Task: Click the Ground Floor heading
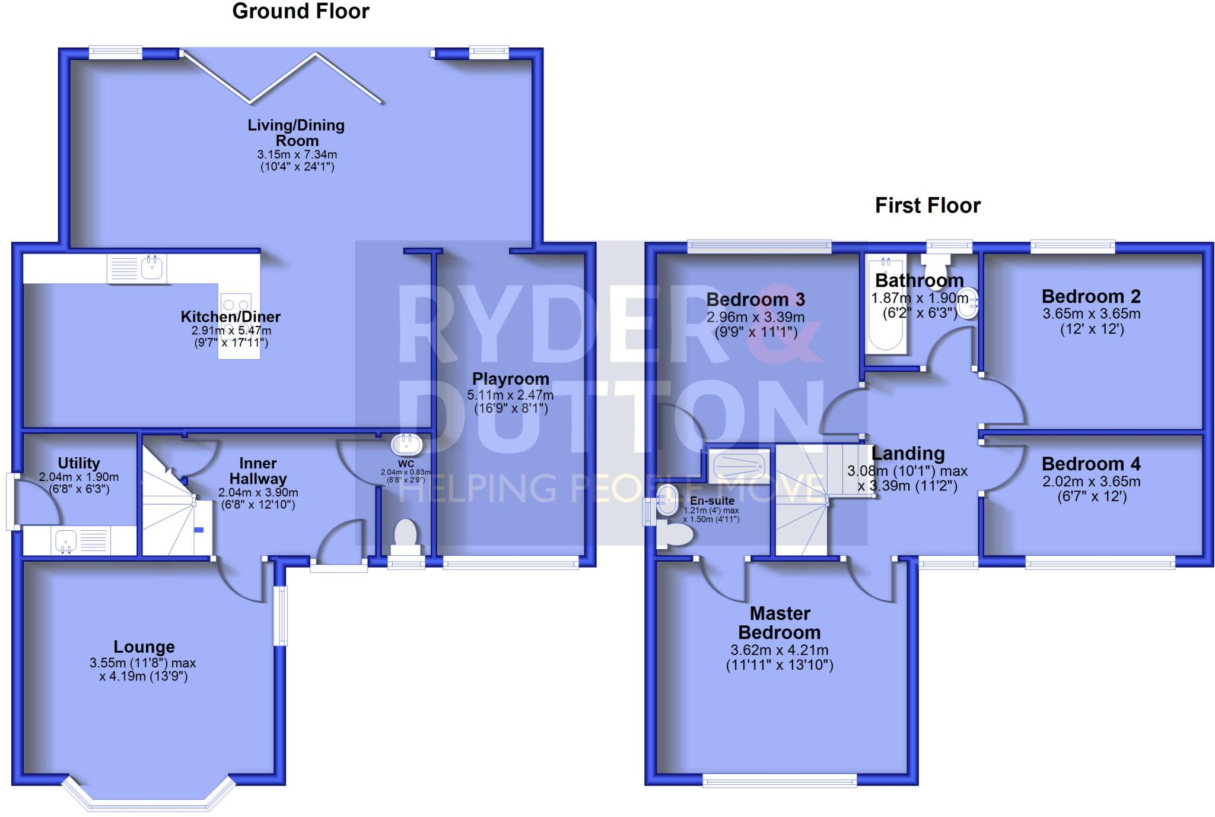tap(300, 11)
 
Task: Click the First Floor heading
tap(927, 205)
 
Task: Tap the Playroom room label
tap(510, 379)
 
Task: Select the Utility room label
tap(78, 463)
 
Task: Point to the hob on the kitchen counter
tap(236, 309)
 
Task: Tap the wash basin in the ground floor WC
tap(406, 444)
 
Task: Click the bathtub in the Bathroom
tap(886, 305)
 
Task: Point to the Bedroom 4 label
tap(1090, 464)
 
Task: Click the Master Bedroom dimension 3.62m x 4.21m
tap(779, 650)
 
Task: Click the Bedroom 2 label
tap(1090, 296)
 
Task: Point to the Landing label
tap(908, 454)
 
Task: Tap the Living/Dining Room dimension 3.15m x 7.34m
tap(297, 154)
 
